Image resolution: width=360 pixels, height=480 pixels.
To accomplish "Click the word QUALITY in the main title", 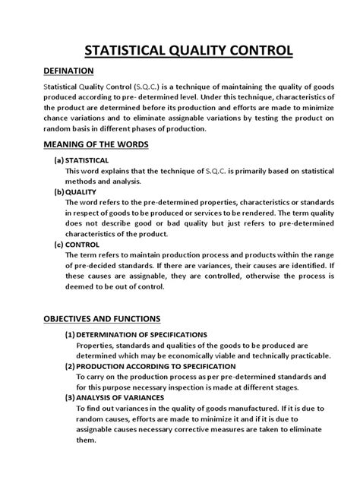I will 192,51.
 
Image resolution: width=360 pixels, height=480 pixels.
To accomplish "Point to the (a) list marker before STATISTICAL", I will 58,161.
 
